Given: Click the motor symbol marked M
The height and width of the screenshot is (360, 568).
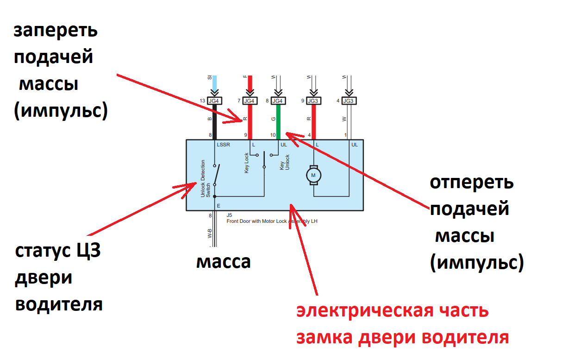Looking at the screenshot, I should coord(313,175).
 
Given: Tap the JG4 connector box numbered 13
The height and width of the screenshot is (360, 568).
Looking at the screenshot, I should coord(214,101).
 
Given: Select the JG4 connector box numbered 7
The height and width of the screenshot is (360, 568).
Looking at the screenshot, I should coord(250,101).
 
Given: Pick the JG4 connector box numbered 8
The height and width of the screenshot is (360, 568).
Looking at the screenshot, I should coord(278,101).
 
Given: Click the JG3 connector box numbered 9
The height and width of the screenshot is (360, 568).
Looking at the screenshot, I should coord(314,101).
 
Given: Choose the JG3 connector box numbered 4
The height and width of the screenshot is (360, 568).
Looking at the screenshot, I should coord(349,101).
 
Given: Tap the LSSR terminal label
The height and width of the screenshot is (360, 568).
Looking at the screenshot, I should coord(223,145).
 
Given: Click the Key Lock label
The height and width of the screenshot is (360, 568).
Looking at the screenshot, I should coord(247,163).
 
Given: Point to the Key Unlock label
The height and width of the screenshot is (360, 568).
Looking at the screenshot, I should coord(284,165).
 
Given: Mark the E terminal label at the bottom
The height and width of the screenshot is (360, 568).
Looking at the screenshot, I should coord(218,205).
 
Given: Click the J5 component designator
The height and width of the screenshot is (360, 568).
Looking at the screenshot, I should coord(229,215).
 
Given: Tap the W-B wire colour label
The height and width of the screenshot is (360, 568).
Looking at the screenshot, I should coord(210,233).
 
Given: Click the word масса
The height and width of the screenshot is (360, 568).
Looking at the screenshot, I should coord(223,262).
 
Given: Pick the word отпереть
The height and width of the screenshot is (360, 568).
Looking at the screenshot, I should coord(471,183).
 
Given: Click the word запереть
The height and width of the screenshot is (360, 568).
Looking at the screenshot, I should coord(56,31).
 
